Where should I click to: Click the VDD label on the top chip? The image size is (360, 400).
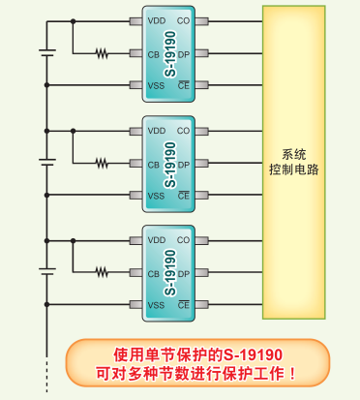(157, 21)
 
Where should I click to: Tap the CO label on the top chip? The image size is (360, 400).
(183, 21)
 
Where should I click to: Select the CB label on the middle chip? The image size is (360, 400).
(154, 165)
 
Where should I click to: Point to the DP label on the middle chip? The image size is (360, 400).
(184, 165)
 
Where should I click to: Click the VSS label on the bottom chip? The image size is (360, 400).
(156, 305)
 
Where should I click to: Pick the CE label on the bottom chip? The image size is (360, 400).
(184, 305)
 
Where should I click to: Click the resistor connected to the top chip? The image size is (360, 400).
(102, 53)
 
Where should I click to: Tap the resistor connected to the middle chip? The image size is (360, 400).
(102, 163)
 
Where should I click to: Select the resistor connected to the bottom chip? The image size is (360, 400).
(102, 272)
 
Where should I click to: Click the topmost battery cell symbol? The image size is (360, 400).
(47, 52)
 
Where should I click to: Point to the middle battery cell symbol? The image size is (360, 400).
(47, 162)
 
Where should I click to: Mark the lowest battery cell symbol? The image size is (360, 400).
(47, 271)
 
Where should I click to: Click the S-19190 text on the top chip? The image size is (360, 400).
(170, 54)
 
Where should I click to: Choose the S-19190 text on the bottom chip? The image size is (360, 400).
(170, 273)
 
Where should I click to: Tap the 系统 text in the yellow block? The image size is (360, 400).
(294, 154)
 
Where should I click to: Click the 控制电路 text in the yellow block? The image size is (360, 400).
(294, 169)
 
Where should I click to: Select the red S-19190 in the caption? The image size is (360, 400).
(254, 354)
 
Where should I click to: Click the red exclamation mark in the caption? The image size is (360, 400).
(292, 374)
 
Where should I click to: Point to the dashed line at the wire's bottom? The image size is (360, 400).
(47, 376)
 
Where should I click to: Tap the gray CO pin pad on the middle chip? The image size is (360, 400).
(202, 131)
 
